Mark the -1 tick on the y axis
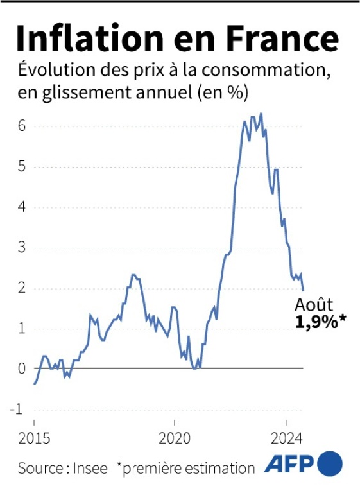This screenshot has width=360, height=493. pos(19,409)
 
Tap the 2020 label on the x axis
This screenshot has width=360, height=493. pos(175,440)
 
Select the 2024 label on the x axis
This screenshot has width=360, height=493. pos(287,440)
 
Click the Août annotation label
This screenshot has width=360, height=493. pos(314,305)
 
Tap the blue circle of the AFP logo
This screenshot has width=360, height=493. pos(330,463)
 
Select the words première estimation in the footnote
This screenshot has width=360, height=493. pos(188,468)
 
